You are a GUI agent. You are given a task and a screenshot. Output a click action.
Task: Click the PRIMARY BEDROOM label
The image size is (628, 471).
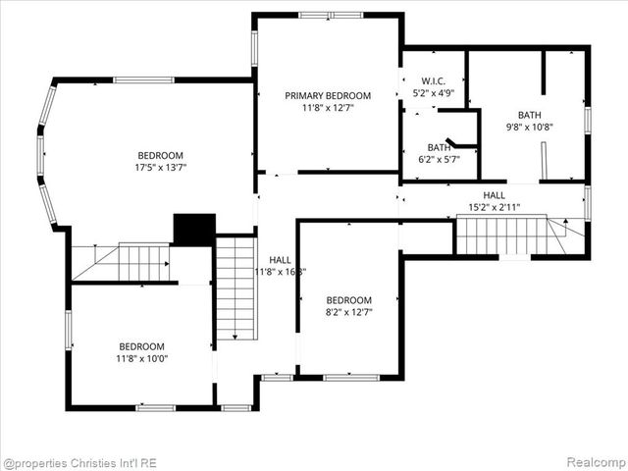(328, 95)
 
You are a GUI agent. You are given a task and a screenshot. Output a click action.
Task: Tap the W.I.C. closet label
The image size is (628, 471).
(433, 80)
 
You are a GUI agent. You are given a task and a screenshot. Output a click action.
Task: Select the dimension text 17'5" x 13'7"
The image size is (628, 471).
(160, 168)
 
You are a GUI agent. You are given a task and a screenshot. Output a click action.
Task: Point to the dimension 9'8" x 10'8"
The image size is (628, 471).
(530, 127)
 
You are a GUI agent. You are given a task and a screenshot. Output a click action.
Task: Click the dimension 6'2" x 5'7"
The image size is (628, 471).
(439, 159)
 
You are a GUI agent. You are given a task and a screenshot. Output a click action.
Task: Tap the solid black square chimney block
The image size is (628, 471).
(194, 230)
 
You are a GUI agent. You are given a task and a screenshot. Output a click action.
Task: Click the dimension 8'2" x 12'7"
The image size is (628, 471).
(349, 312)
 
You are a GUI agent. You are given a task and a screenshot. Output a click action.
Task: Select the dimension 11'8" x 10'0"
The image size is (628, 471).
(142, 358)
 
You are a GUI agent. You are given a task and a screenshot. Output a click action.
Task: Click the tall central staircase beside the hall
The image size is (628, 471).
(235, 288)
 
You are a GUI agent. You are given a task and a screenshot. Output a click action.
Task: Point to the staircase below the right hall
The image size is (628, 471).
(502, 235)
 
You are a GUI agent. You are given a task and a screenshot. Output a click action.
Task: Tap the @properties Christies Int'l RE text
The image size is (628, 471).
(79, 462)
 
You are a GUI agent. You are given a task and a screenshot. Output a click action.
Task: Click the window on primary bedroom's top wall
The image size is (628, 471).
(331, 16)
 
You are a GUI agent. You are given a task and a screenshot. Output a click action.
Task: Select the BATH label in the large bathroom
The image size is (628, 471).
(530, 114)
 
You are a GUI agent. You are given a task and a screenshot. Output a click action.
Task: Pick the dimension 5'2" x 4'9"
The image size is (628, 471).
(433, 93)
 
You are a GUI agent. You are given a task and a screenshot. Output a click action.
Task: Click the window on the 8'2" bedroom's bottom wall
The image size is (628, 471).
(350, 377)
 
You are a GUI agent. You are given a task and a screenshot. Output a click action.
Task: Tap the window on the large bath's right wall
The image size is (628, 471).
(587, 119)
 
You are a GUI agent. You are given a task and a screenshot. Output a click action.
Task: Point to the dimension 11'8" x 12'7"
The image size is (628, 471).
(328, 108)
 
